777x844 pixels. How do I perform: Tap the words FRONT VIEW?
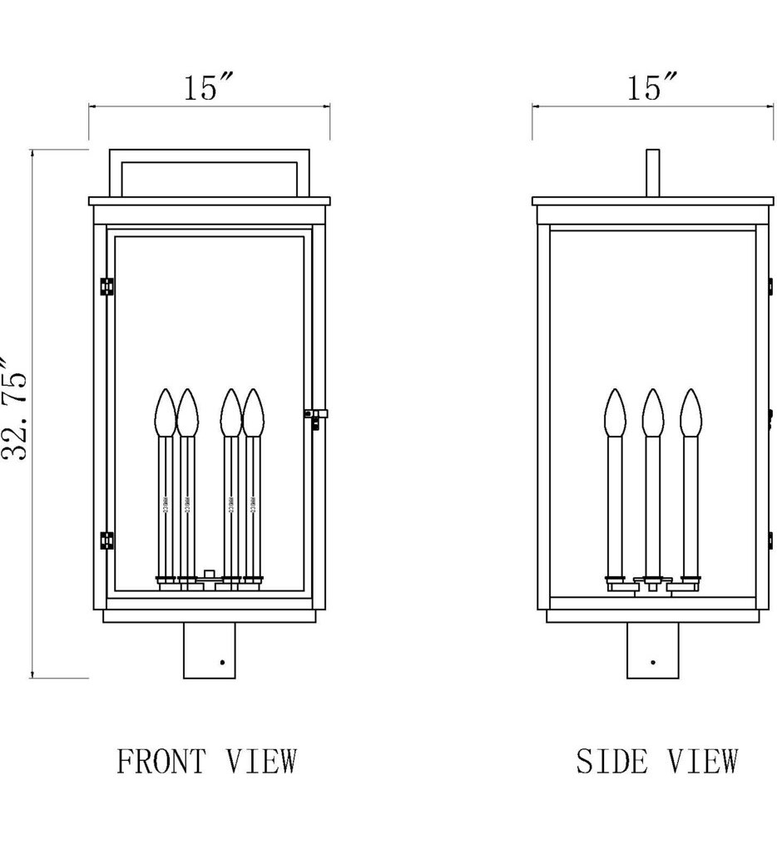tap(206, 760)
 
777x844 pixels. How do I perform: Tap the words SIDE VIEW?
tap(656, 760)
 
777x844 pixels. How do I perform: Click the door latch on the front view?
tap(316, 416)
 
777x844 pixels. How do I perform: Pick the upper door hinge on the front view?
tap(106, 285)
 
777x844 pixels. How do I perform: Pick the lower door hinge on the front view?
tap(106, 540)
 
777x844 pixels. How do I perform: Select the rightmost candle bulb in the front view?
tap(252, 412)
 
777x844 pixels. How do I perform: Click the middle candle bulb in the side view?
tap(653, 412)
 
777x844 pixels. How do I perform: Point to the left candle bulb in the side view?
tap(615, 412)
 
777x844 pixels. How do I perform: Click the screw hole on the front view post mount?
tap(222, 663)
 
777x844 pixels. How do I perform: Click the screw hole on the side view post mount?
tap(653, 663)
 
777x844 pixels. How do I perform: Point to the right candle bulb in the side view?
tap(690, 412)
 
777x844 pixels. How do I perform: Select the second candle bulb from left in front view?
tap(188, 412)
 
